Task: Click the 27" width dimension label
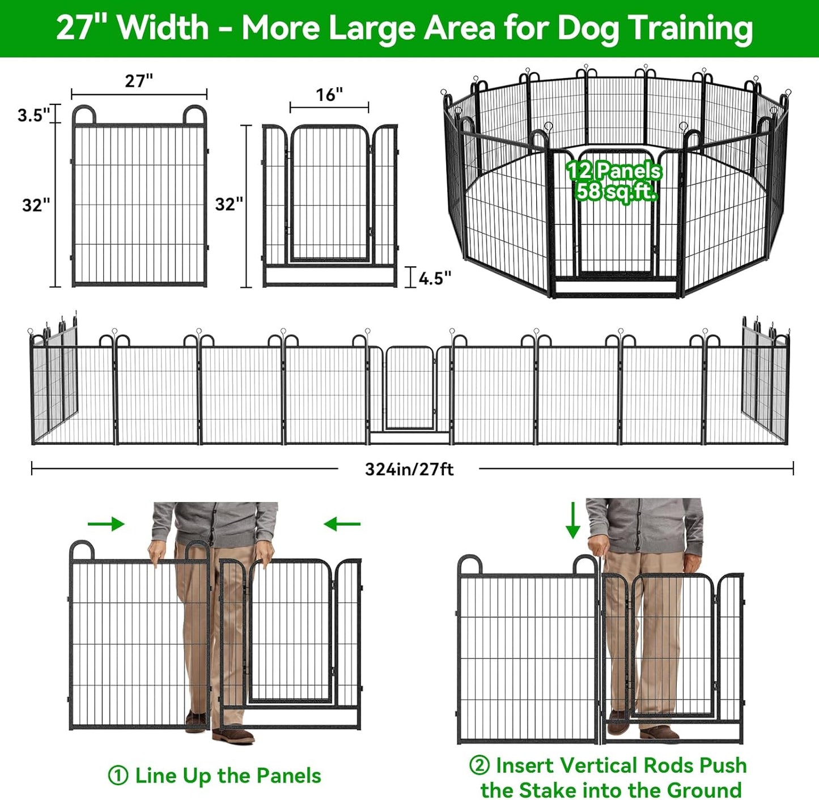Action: click(139, 81)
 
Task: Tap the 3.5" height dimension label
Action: click(33, 115)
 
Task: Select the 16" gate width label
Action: click(329, 95)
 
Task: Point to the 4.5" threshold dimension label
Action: click(435, 278)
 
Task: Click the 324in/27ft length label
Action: click(409, 469)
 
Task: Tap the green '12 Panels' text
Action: click(614, 171)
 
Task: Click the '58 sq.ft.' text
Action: click(616, 192)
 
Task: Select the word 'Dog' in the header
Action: click(588, 28)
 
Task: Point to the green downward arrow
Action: click(573, 520)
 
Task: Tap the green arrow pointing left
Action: click(342, 524)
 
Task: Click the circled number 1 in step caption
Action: click(117, 776)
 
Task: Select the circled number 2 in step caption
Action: click(479, 765)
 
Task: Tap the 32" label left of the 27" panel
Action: click(36, 205)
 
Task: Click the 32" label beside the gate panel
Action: click(229, 204)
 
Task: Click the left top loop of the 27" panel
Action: click(84, 114)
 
